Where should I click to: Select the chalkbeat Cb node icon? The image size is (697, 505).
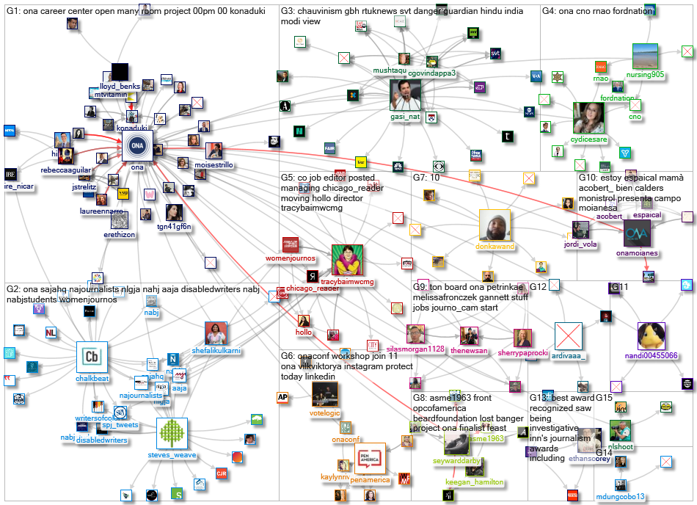92,357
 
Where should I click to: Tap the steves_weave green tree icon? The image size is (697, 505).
174,435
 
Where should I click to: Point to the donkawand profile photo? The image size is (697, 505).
495,225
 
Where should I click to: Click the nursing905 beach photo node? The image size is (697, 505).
648,57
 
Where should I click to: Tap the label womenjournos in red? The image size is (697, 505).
291,258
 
